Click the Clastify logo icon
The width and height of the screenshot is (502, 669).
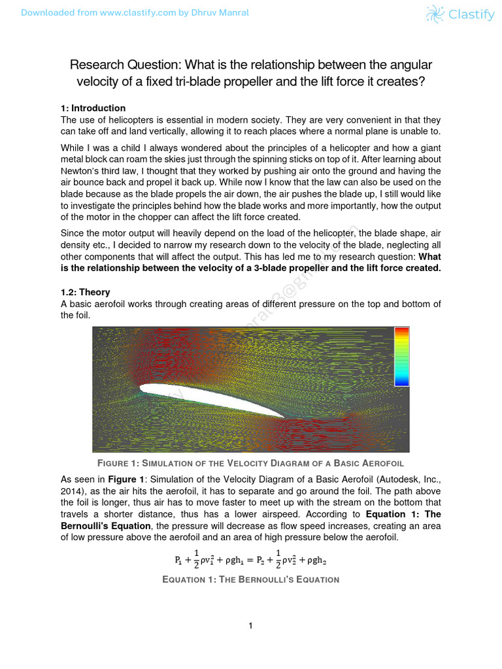[x=434, y=14]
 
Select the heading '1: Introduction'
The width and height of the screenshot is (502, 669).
[x=93, y=108]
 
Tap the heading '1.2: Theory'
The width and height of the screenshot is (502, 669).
[x=85, y=292]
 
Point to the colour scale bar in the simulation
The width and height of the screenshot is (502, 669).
[x=401, y=357]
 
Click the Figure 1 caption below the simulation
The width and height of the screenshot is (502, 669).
[x=250, y=463]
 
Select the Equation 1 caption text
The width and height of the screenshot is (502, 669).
[x=250, y=579]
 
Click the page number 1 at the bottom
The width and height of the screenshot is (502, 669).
[x=250, y=626]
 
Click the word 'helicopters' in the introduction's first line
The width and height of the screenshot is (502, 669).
[x=120, y=120]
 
